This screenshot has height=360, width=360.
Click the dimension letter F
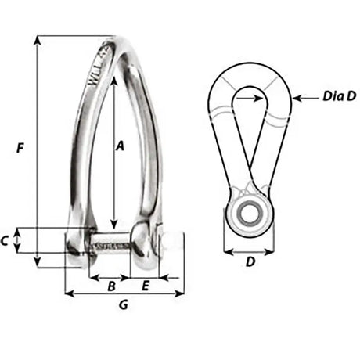click(21, 146)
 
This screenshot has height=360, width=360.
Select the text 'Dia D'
click(339, 97)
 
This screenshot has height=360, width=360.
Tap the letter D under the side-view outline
click(250, 263)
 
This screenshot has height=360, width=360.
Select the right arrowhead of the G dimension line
click(182, 294)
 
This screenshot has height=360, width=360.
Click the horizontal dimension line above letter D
click(249, 253)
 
